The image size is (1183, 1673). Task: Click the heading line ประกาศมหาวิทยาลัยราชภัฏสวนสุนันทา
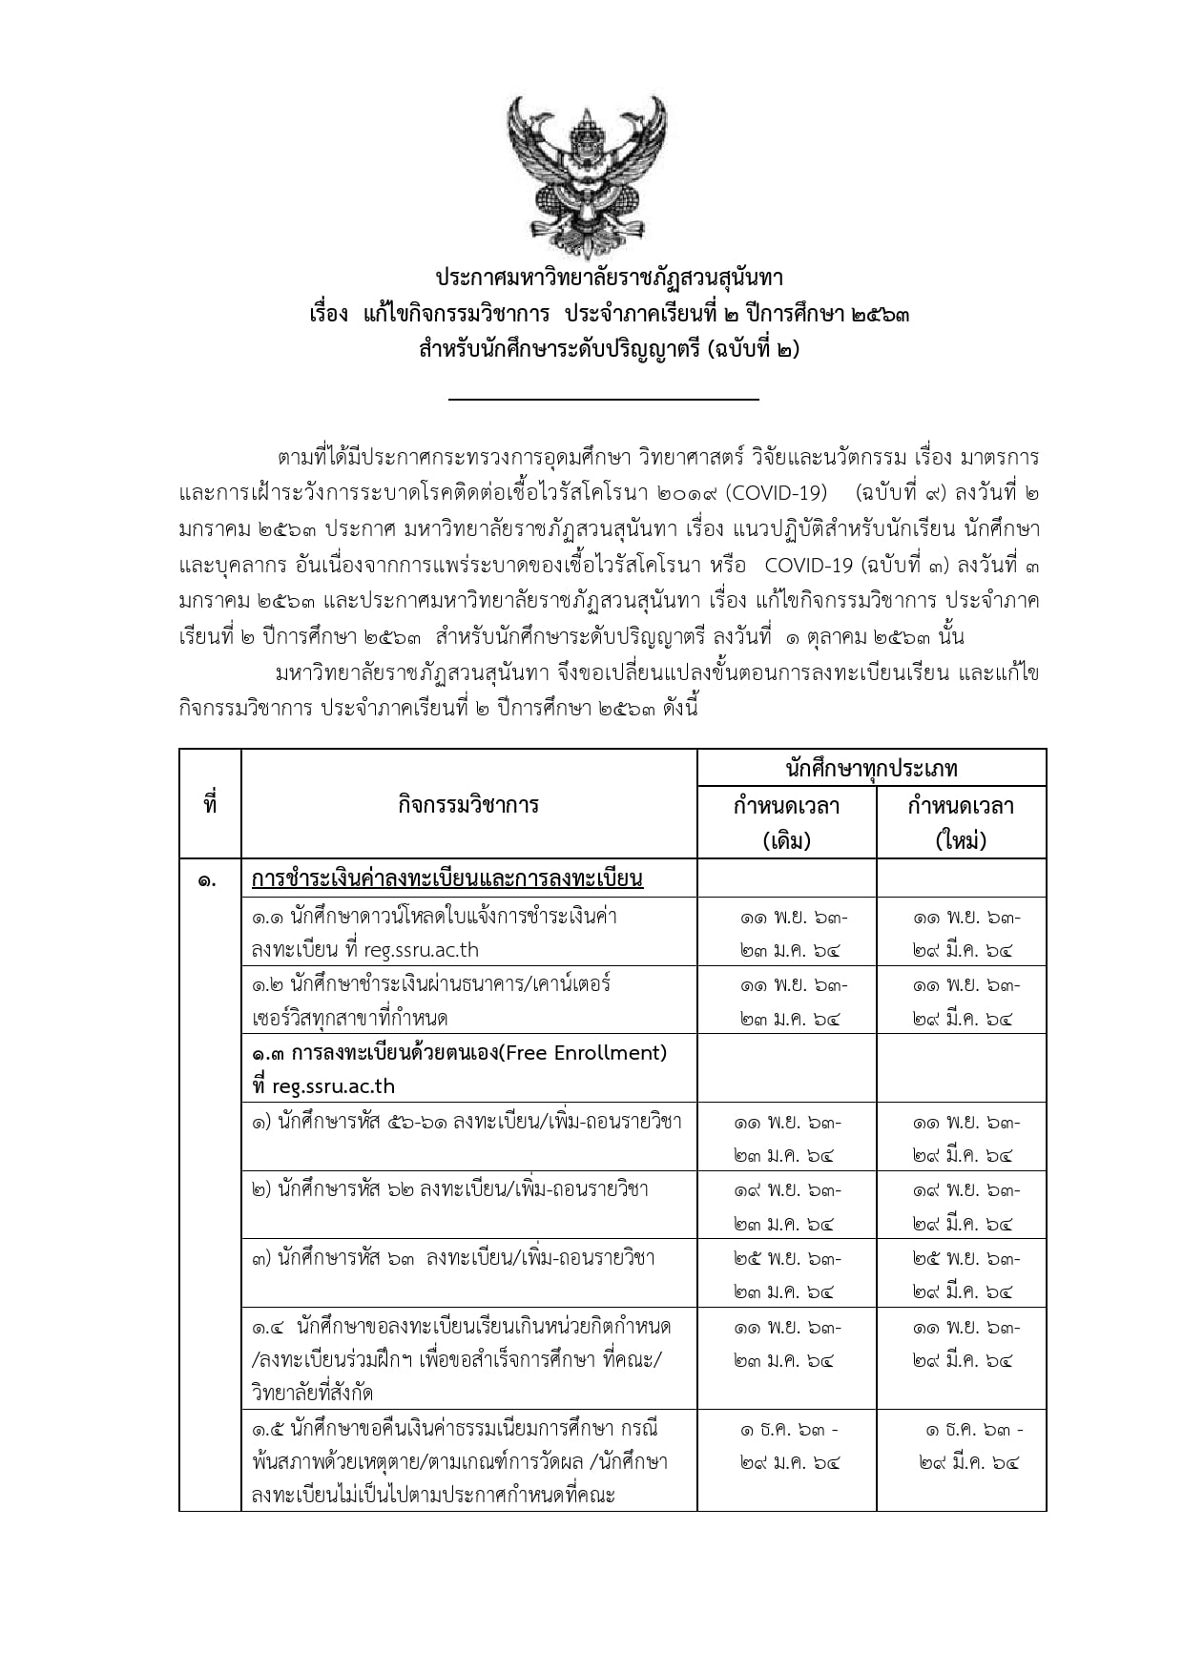(609, 278)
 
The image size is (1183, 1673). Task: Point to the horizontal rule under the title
(604, 400)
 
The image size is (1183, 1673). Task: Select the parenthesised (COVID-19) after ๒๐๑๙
(777, 493)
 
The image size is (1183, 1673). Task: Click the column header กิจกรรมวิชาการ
(468, 805)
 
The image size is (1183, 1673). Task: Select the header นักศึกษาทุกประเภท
(871, 768)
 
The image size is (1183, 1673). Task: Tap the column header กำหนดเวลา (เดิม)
(786, 822)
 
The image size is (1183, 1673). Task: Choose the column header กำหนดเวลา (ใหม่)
(961, 822)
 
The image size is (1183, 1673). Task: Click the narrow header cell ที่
(210, 805)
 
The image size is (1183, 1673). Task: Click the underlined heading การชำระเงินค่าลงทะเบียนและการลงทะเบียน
(447, 878)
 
